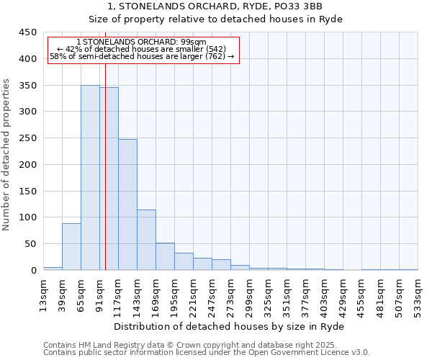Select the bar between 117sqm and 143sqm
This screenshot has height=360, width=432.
pyautogui.click(x=127, y=204)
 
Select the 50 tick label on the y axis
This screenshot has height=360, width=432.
pyautogui.click(x=30, y=244)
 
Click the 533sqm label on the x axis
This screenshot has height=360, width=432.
pyautogui.click(x=418, y=295)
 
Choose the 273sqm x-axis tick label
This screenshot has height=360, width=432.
pyautogui.click(x=230, y=295)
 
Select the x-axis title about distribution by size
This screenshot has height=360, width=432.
pyautogui.click(x=229, y=327)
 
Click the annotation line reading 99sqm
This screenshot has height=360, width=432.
pyautogui.click(x=141, y=42)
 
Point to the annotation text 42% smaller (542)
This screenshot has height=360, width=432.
pyautogui.click(x=141, y=49)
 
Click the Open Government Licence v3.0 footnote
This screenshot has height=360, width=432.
pyautogui.click(x=206, y=353)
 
